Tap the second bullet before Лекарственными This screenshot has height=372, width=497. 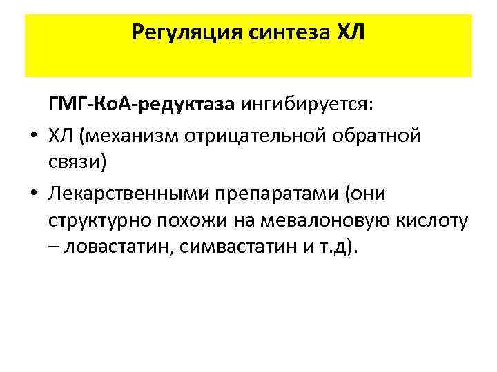[x=32, y=195]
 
